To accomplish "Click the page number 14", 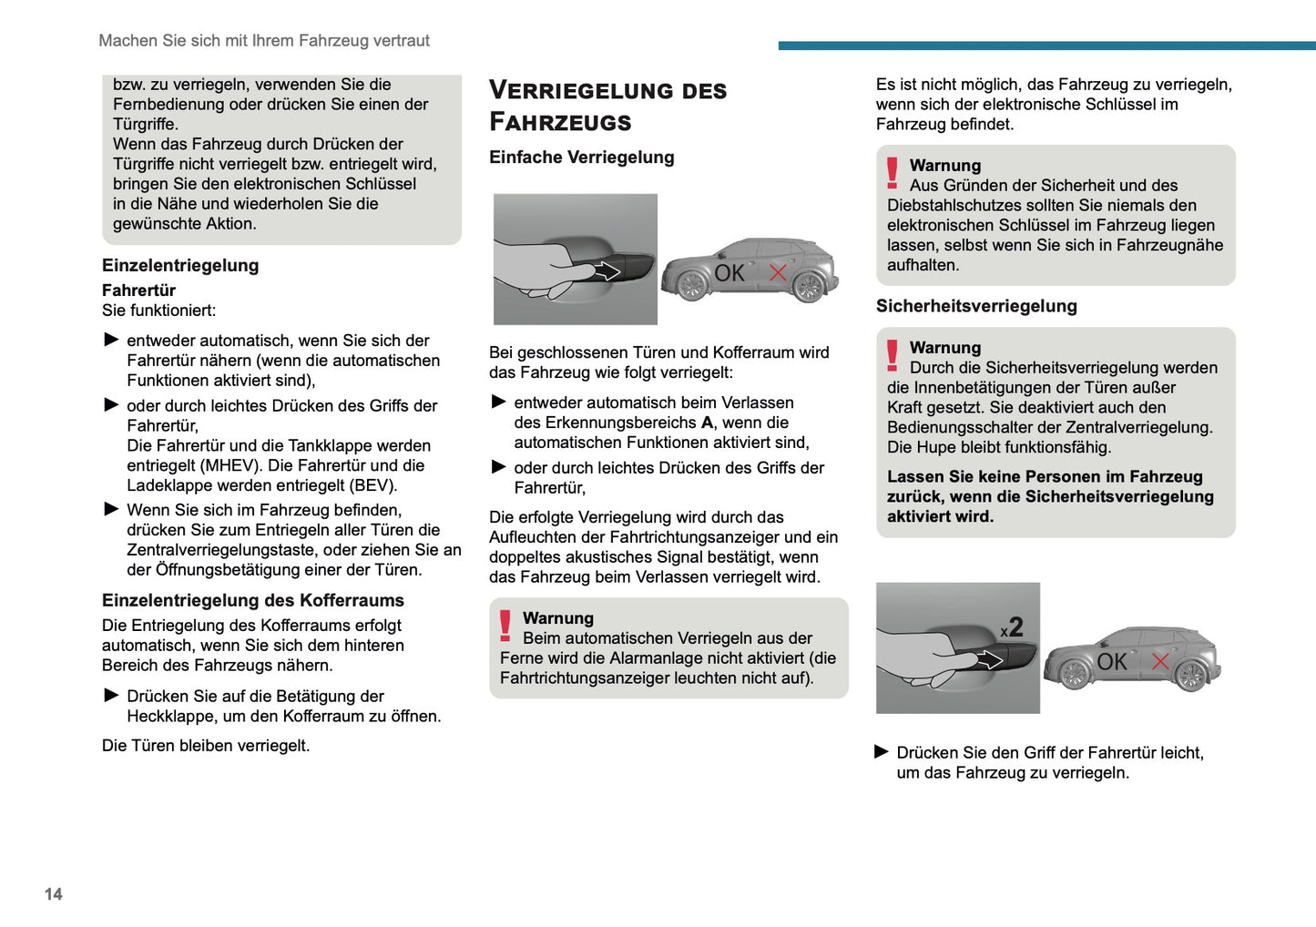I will [x=54, y=894].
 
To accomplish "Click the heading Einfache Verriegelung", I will [x=581, y=158].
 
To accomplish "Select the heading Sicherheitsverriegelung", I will [x=976, y=306].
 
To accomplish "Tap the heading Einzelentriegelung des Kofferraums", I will [x=252, y=600].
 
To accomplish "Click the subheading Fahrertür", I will [x=138, y=290].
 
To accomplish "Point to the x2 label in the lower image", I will [x=1012, y=627].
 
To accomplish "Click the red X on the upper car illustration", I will [x=778, y=272].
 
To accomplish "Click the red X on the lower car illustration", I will [x=1160, y=661].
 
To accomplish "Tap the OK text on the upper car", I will [x=729, y=273].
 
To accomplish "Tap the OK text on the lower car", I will [x=1112, y=662].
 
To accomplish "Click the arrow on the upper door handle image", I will [x=607, y=271].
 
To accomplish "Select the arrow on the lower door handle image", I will [x=989, y=660].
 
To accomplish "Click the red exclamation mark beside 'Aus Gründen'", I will [x=893, y=172].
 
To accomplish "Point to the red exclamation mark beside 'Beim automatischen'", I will [x=505, y=625].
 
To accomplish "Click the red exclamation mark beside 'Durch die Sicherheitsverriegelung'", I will [x=893, y=354].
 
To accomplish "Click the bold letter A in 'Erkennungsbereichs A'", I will [x=707, y=423].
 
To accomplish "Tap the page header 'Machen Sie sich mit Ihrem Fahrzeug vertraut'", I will [x=264, y=41].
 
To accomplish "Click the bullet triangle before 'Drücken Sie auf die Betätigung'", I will [x=112, y=696].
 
